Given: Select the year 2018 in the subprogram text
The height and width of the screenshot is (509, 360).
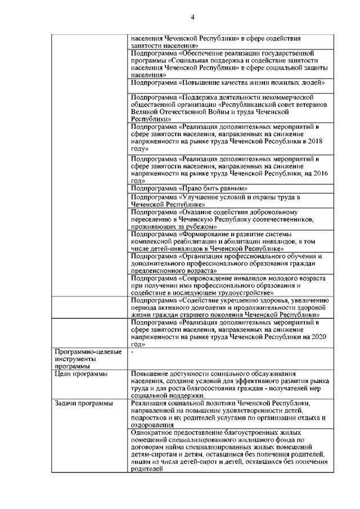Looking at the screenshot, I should point(318,142).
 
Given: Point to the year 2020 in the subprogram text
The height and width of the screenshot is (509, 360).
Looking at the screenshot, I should point(318,336).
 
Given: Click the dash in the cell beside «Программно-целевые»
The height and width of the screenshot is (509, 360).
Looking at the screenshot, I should point(132,352).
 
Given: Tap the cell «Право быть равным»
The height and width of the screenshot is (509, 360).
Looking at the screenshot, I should point(189,188).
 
